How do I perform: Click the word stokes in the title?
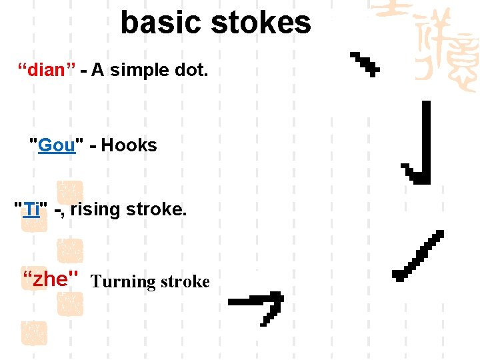261,23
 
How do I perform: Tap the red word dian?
45,70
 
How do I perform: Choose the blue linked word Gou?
57,145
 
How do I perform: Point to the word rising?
94,209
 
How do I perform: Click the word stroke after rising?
156,209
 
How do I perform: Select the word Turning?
123,281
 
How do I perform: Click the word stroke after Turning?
185,281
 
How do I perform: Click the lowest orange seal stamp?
34,332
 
